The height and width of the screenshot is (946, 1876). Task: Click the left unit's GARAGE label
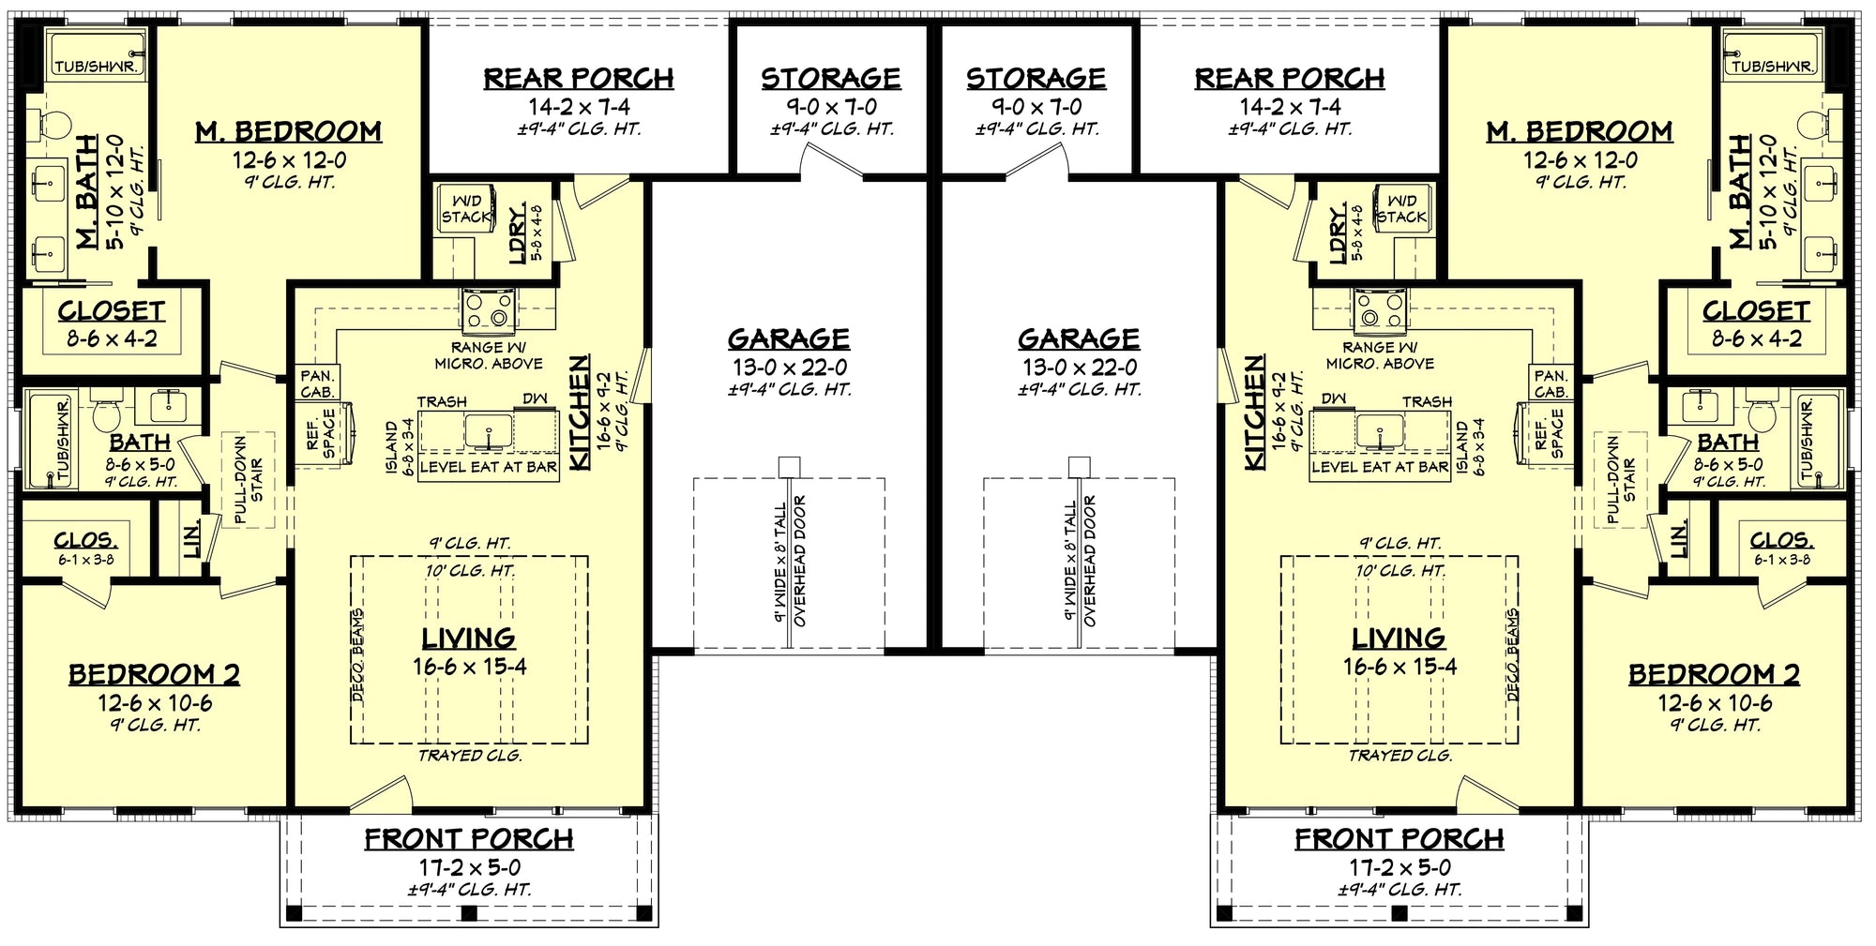(789, 338)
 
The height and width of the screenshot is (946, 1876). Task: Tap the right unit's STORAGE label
(1036, 78)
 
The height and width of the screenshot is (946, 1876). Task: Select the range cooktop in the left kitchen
(488, 310)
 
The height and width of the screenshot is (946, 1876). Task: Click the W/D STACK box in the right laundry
(1401, 208)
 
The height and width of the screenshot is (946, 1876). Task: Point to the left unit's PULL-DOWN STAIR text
(249, 479)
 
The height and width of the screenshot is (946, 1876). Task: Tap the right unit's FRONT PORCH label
(1399, 839)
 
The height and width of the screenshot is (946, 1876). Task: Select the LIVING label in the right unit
(1398, 638)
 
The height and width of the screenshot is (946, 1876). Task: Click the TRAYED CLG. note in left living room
(470, 755)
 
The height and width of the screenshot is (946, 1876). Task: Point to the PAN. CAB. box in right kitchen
(1551, 383)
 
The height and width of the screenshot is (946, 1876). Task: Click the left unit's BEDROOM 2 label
(154, 674)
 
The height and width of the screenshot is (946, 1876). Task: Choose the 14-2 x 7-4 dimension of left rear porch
(579, 106)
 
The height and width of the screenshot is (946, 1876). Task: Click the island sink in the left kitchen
(489, 432)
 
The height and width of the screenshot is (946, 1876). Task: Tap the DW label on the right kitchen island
(1333, 399)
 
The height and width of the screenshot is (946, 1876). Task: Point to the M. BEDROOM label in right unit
(1580, 131)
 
